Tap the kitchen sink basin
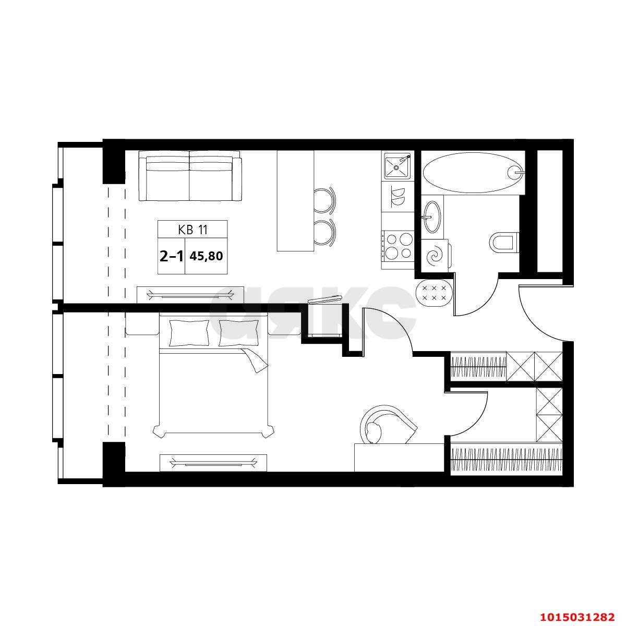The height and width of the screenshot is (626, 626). [398, 166]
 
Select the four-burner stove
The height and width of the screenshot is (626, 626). [398, 246]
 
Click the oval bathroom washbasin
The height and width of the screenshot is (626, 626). [432, 216]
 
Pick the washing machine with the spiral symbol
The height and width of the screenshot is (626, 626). [435, 255]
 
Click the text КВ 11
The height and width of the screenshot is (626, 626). [192, 230]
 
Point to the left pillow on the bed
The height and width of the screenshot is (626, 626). [189, 333]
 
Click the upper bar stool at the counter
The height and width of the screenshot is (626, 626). [325, 200]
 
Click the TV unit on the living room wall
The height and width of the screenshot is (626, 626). [190, 295]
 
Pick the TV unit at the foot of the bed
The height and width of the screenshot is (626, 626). [213, 463]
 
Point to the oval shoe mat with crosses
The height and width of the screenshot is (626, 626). [433, 292]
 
